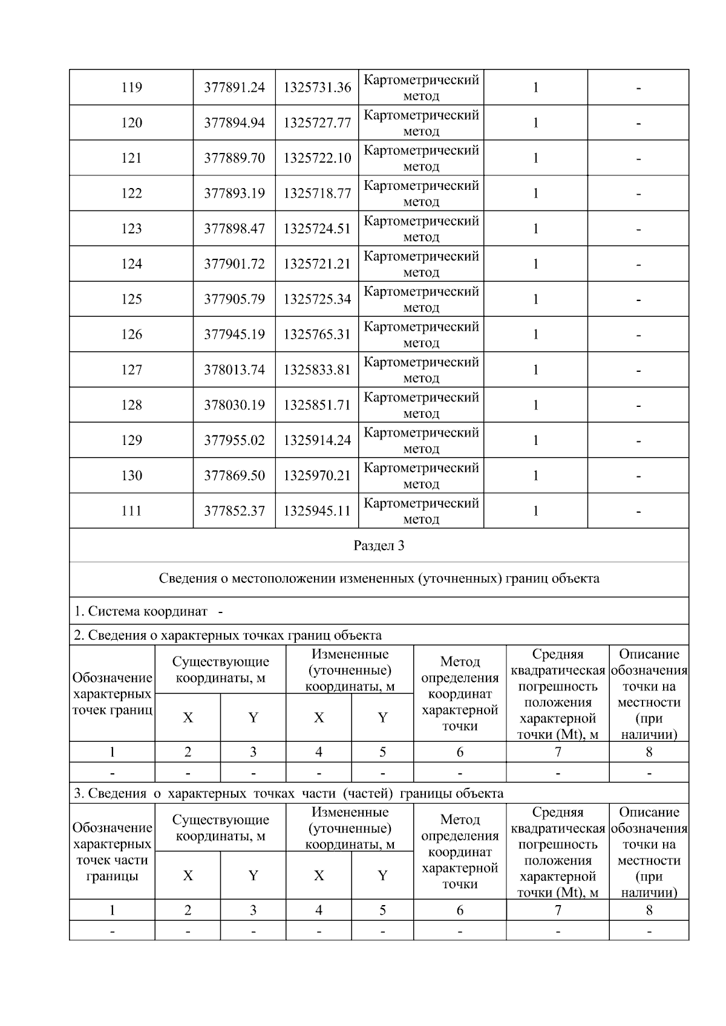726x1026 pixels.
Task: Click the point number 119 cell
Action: pos(131,88)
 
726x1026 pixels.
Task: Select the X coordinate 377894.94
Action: pos(234,123)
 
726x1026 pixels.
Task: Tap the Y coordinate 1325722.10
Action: pos(317,158)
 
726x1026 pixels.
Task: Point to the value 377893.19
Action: pos(234,193)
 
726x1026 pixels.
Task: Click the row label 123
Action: pos(131,229)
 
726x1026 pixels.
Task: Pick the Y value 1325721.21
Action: pos(317,264)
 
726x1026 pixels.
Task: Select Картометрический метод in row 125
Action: pos(421,299)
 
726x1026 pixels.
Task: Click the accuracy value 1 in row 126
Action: pos(535,334)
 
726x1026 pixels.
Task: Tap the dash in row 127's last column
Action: pos(638,370)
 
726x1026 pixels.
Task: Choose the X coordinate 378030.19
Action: pos(234,405)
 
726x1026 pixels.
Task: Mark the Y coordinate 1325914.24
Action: pos(317,440)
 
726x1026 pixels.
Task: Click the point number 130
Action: pos(131,476)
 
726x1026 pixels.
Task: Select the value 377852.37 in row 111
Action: pos(234,511)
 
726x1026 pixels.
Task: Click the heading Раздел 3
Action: pos(379,546)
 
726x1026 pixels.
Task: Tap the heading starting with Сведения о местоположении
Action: pos(379,579)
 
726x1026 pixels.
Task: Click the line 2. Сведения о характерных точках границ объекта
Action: pos(227,635)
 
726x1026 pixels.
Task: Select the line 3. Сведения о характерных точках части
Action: pos(288,793)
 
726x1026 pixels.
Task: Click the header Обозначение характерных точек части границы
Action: pos(112,852)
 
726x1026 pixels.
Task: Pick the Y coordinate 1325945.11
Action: pos(317,511)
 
